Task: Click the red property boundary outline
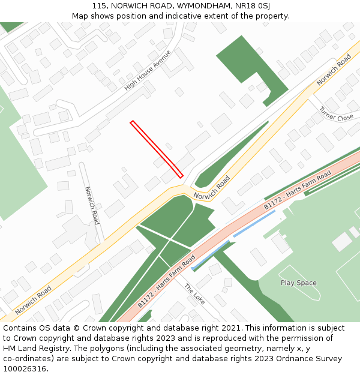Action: click(x=157, y=149)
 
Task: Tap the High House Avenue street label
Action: click(x=148, y=70)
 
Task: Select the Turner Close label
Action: click(x=337, y=113)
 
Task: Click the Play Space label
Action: click(x=298, y=283)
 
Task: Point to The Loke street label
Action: click(x=194, y=293)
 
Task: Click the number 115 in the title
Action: click(x=100, y=5)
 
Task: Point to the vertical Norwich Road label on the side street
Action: click(x=92, y=205)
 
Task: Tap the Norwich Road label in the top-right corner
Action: click(x=334, y=70)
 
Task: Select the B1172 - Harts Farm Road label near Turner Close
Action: click(x=298, y=190)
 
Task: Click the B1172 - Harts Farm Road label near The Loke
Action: click(x=167, y=281)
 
